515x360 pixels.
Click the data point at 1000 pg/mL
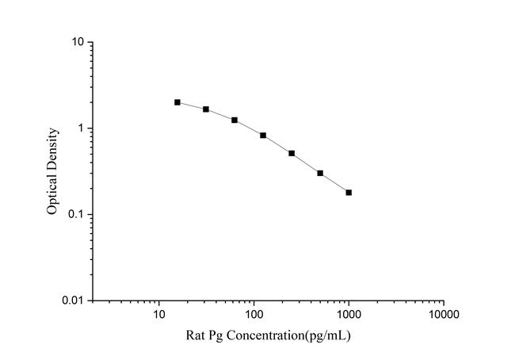349,193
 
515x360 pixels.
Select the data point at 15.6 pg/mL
177,102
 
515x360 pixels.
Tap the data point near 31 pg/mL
206,109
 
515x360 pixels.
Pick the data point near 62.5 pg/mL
235,121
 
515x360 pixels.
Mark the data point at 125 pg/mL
263,136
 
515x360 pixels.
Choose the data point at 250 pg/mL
292,153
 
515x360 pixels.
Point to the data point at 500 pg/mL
320,173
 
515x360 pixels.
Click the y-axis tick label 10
78,42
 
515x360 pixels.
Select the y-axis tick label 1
82,128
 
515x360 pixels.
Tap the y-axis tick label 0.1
77,215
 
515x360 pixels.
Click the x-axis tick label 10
159,314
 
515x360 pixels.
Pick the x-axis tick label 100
254,314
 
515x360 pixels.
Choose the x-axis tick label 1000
349,314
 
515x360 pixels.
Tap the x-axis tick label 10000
443,314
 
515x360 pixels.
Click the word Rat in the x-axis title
194,335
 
